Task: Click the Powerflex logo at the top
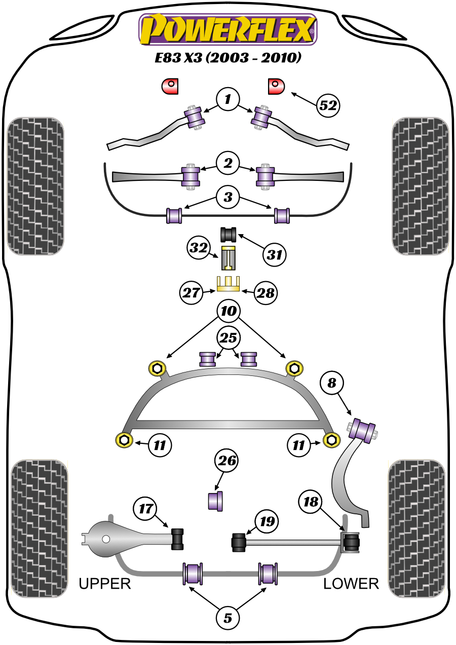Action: [227, 29]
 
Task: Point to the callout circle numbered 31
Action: [274, 255]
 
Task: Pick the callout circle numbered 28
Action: [265, 292]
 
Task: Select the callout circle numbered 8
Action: [331, 384]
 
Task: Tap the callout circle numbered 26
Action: [227, 461]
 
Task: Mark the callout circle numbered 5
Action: [227, 618]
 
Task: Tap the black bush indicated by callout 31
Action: [229, 235]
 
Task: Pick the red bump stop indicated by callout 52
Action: [276, 86]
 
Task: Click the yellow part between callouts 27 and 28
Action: [229, 284]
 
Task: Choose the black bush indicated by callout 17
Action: [178, 538]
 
